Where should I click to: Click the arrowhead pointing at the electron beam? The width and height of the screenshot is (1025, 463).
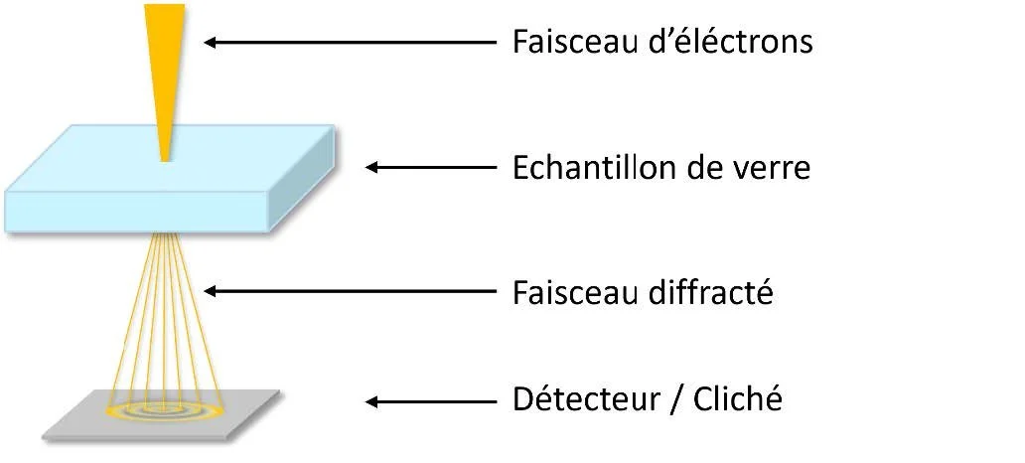point(212,42)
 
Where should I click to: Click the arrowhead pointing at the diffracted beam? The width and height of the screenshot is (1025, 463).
point(212,291)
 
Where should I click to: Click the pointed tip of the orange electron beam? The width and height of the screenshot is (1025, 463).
point(165,157)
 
